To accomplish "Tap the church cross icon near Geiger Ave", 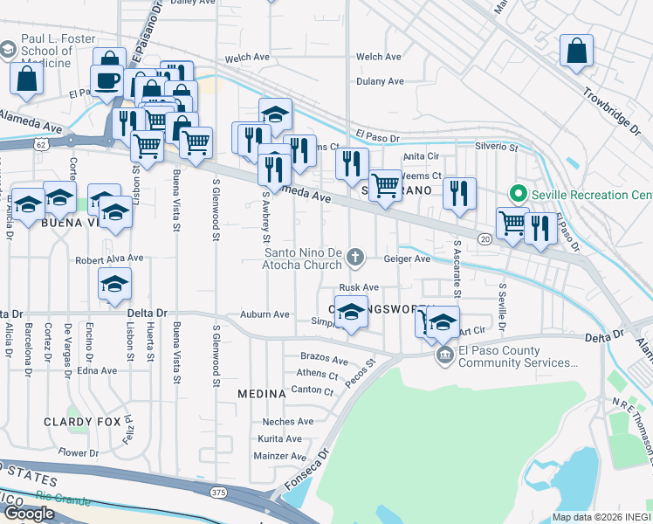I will coord(354,257).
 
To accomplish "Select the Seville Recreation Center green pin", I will coord(518,193).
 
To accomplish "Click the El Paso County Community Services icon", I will coord(444,355).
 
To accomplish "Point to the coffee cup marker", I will coord(107,81).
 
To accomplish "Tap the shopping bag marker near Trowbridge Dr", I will coord(577,51).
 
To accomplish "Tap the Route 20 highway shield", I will coord(485,238).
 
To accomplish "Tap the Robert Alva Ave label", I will coord(108,259).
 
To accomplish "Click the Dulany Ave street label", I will coord(380,81).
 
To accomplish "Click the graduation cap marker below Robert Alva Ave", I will coord(114,285).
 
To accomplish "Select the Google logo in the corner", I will coord(29,514).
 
